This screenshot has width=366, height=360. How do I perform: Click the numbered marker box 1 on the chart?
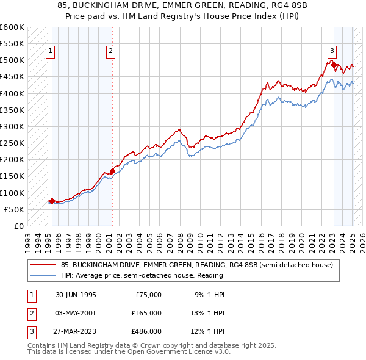coord(49,51)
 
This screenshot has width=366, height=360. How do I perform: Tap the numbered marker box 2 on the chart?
coord(110,51)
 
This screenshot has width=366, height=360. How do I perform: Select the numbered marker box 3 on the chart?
coord(332,51)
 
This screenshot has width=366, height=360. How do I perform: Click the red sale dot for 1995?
coord(52,201)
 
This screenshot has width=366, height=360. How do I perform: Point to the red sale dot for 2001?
coord(112,171)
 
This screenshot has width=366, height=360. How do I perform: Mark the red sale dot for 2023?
coord(334,63)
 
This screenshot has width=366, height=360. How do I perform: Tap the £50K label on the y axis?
coord(14,209)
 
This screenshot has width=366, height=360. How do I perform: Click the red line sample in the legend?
coord(43,265)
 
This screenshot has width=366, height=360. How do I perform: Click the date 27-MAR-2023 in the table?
coord(72,331)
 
